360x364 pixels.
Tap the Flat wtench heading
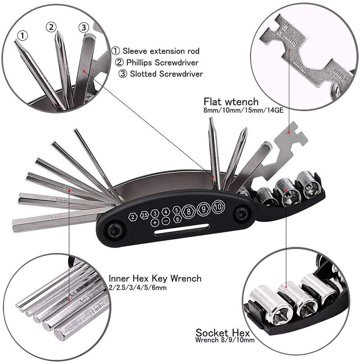coord(231,101)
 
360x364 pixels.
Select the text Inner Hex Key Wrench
coord(155,279)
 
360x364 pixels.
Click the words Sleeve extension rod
coord(161,51)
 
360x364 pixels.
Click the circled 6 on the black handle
coord(177,219)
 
